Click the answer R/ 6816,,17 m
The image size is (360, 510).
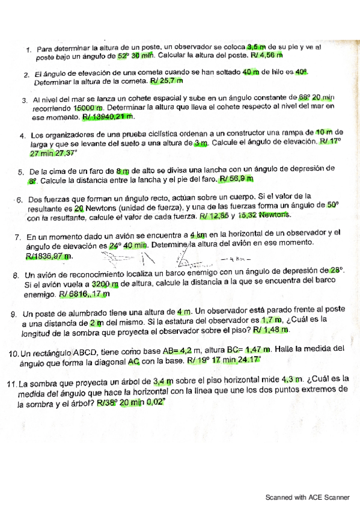tap(84, 295)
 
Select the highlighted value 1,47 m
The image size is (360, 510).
tap(260, 349)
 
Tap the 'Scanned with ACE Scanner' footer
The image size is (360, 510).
tap(308, 498)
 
